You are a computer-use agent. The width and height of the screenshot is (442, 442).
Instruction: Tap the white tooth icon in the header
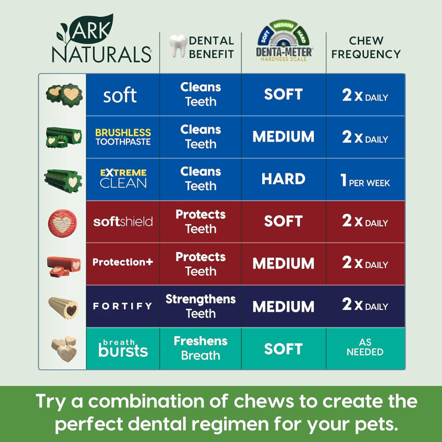click(x=177, y=47)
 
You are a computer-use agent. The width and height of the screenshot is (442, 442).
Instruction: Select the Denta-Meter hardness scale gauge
click(x=283, y=41)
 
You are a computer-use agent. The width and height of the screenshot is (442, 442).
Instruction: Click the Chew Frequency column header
click(x=366, y=48)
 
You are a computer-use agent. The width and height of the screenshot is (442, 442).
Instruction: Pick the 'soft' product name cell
click(x=120, y=95)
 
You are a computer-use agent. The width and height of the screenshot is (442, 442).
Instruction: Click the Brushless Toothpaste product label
click(x=123, y=137)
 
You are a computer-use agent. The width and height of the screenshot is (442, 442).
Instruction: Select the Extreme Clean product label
click(x=123, y=179)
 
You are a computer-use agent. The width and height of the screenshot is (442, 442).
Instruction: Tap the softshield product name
click(x=123, y=221)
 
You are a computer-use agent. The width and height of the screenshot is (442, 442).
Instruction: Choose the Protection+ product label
click(x=123, y=262)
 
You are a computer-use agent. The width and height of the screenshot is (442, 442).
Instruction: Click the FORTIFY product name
click(x=123, y=306)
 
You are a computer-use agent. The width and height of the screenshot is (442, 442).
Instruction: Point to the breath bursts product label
click(x=123, y=348)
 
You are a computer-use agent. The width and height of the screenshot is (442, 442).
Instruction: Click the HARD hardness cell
click(x=283, y=179)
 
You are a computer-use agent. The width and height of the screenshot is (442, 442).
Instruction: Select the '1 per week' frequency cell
click(x=365, y=180)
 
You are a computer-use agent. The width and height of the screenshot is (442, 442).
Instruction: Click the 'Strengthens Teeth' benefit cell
click(x=200, y=306)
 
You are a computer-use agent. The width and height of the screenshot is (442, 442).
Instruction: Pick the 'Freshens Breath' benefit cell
click(x=200, y=348)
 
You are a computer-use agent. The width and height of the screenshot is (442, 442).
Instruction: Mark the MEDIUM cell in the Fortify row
click(x=283, y=306)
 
